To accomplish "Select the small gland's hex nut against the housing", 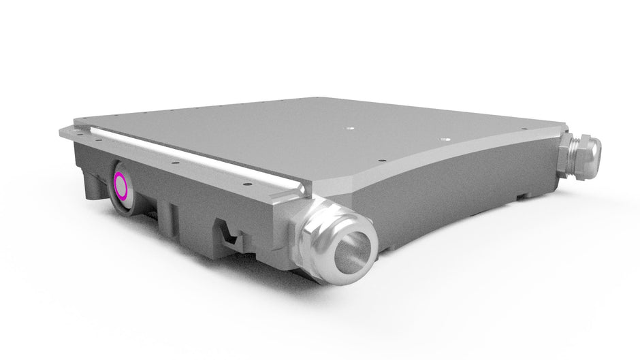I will [x=566, y=144].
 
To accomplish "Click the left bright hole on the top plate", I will [x=350, y=127].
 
